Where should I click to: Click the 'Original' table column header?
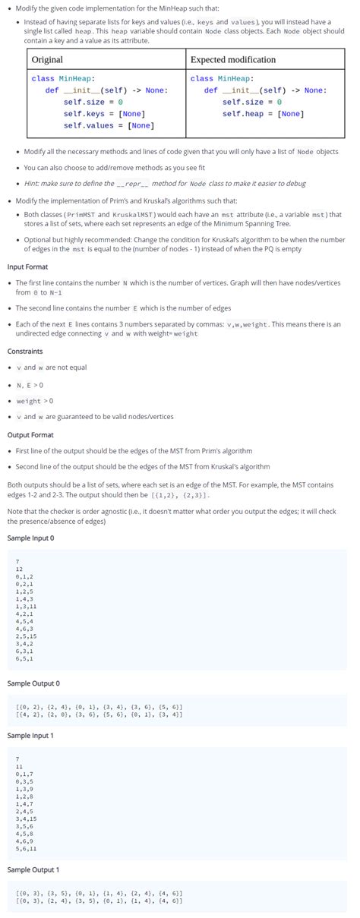47,59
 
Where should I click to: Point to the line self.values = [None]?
109,125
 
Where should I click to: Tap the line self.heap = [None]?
263,114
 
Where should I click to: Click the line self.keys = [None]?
104,114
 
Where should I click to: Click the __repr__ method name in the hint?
133,184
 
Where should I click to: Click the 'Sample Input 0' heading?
31,538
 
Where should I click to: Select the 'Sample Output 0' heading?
33,683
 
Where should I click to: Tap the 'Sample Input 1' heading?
31,735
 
